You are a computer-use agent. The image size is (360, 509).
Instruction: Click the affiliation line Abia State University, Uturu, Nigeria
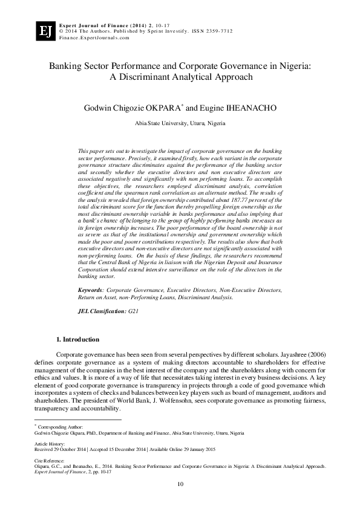pyautogui.click(x=180, y=123)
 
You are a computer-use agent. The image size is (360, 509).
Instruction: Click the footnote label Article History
pyautogui.click(x=49, y=443)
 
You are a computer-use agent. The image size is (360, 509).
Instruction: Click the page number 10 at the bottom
pyautogui.click(x=180, y=484)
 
